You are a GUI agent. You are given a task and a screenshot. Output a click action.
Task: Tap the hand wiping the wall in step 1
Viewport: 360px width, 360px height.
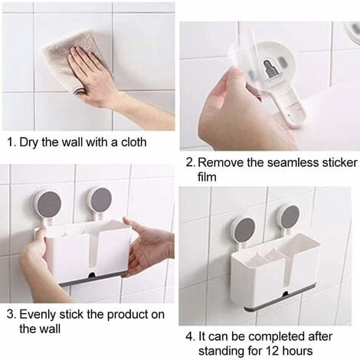click(x=102, y=82)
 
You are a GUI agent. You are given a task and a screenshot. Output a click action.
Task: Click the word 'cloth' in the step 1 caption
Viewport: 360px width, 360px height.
click(x=133, y=142)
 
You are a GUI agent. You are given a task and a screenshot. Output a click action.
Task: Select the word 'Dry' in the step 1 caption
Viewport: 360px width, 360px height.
click(x=29, y=142)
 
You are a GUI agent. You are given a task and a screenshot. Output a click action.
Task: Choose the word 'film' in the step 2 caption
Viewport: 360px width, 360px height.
click(x=207, y=177)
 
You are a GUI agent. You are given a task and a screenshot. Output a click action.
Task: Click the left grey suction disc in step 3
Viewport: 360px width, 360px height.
click(x=49, y=205)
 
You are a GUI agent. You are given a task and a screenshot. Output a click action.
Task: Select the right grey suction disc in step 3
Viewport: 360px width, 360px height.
click(x=101, y=200)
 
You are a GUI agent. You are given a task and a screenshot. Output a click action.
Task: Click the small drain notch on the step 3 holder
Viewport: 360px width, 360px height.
click(x=92, y=275)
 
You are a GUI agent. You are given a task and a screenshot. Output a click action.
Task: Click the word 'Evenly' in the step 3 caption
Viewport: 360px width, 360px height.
click(x=38, y=315)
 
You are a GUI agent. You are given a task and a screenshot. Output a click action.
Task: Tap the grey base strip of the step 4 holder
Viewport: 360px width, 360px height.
click(x=282, y=297)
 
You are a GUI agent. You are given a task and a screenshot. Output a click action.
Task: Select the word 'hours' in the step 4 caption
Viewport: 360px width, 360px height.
click(x=297, y=351)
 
